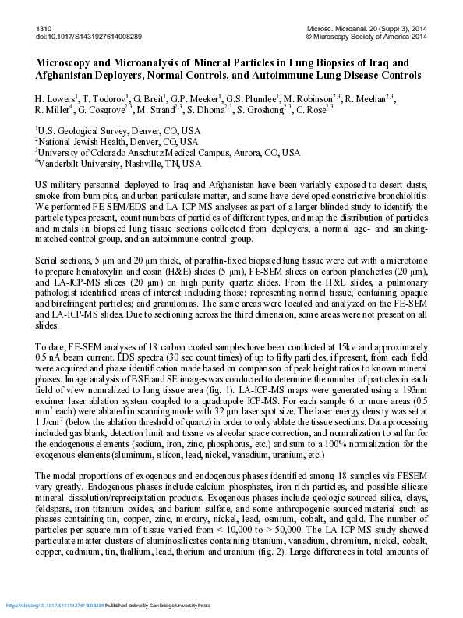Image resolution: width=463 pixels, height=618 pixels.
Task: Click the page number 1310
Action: click(x=44, y=28)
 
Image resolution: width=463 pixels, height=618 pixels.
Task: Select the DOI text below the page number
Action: click(x=88, y=37)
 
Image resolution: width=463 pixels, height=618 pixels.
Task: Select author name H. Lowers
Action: click(x=58, y=100)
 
